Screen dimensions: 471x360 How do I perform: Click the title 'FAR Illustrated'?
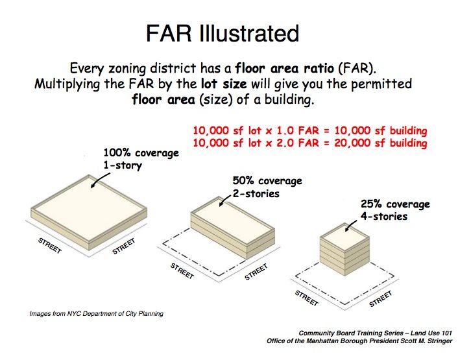(223, 33)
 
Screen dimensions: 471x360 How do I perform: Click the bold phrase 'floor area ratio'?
(284, 69)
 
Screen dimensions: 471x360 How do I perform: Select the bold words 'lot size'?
(224, 84)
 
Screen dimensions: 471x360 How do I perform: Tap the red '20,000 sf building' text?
(381, 143)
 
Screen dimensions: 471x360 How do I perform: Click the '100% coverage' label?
(141, 153)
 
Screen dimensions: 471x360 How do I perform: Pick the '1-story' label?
(123, 165)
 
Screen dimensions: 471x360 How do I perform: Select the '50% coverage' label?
(267, 181)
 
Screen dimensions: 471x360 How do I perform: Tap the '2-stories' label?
(256, 193)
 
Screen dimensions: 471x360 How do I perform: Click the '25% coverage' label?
(395, 204)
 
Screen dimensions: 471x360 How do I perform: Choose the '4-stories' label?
(384, 216)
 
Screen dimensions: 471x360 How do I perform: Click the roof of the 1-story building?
(89, 208)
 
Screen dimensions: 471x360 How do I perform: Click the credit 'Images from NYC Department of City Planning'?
(97, 314)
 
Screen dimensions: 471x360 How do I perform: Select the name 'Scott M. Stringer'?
(426, 341)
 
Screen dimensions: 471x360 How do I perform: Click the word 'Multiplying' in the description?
(67, 84)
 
